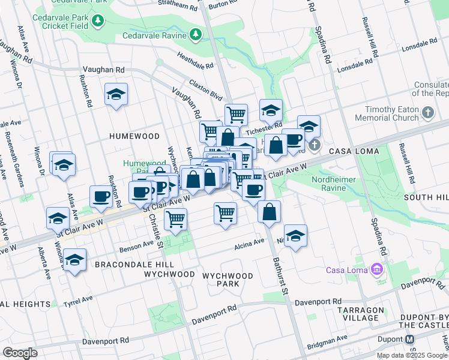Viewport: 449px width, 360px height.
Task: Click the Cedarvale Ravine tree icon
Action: (x=196, y=35)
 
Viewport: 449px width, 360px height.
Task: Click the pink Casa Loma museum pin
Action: (x=376, y=269)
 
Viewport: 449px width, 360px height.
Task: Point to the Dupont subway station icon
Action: (x=409, y=339)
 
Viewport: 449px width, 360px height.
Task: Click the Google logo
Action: (x=20, y=352)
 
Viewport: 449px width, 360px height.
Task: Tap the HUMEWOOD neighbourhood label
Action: (x=134, y=136)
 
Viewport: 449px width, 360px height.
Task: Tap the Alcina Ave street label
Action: (x=249, y=242)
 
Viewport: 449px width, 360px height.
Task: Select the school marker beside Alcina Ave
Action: (x=295, y=236)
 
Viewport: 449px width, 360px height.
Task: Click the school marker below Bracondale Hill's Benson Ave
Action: (x=74, y=261)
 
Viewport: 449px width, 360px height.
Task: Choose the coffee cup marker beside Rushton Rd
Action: (x=101, y=196)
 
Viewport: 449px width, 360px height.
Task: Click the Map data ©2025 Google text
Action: (x=412, y=355)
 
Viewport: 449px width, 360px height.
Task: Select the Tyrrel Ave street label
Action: (x=78, y=299)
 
